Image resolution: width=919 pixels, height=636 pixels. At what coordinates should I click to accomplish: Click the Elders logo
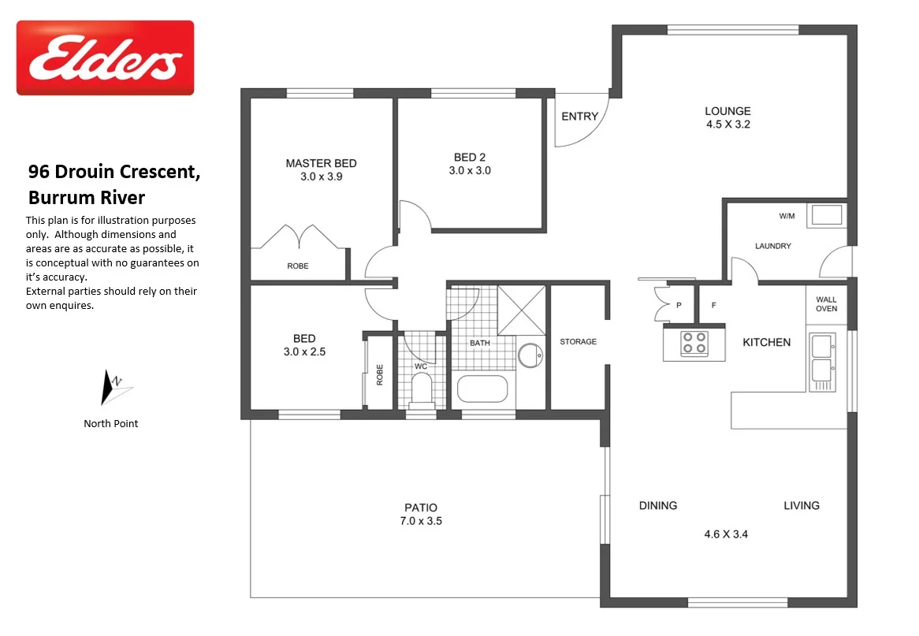coord(105,58)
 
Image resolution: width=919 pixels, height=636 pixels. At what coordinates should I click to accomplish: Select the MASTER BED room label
coord(321,163)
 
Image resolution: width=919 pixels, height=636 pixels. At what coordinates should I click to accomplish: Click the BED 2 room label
coord(470,157)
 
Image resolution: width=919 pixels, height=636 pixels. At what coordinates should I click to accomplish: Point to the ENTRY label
coord(579,117)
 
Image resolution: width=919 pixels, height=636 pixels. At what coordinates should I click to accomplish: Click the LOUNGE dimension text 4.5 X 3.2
coord(727,125)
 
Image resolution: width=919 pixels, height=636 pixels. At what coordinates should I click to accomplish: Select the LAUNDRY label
coord(772,246)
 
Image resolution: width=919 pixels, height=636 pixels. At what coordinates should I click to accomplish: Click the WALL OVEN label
coord(826,304)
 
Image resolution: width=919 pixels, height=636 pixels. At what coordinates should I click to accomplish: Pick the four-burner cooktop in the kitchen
coord(694,343)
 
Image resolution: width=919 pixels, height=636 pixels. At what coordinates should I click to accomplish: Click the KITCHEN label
coord(766,342)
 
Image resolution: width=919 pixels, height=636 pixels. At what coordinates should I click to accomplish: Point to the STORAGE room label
coord(578,342)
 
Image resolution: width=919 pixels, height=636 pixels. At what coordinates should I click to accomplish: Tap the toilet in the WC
coord(422,389)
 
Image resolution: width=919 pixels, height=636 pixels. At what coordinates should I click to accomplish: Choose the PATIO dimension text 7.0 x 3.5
coord(421,521)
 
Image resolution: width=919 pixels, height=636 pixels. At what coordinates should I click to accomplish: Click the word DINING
coord(657,506)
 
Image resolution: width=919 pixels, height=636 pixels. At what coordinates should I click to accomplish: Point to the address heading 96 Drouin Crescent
coord(114,172)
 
